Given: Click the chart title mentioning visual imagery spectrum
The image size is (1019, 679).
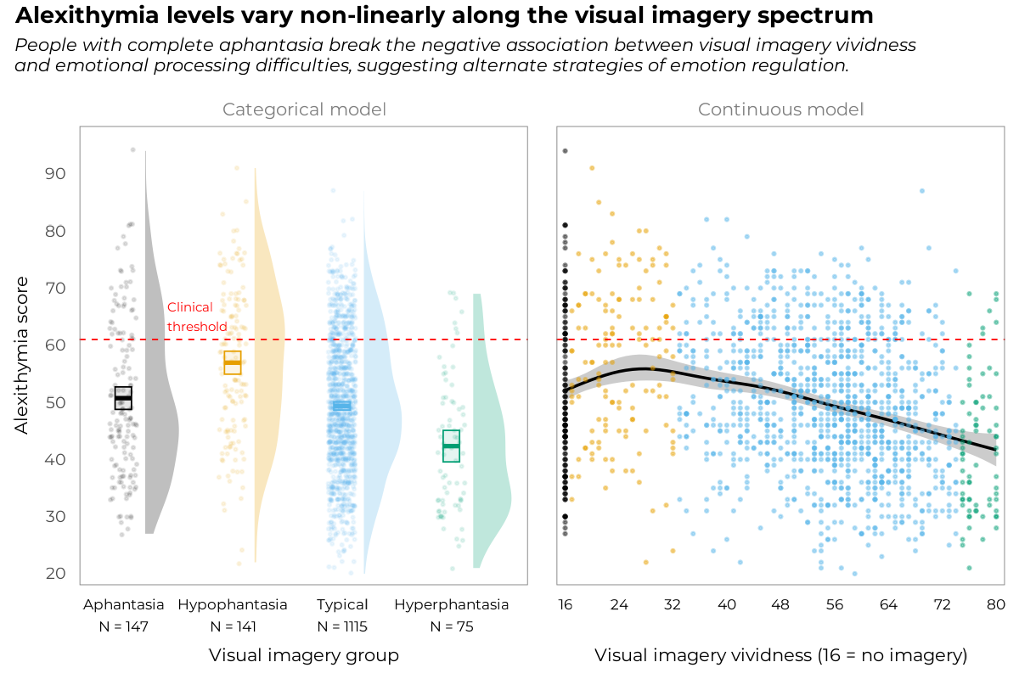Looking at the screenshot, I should (444, 15).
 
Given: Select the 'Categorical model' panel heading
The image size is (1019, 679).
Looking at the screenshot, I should (304, 109).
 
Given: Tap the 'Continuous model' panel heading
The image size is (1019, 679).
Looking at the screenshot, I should (780, 109).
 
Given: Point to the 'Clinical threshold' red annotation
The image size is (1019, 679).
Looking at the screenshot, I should (196, 317).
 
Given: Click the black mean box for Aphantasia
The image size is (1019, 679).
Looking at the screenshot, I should (123, 397).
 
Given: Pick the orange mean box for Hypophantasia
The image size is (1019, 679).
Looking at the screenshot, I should (233, 362).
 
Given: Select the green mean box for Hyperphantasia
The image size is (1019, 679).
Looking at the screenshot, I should (451, 446).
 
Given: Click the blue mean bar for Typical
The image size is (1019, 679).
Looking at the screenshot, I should (341, 406).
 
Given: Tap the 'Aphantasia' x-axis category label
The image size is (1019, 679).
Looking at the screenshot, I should (124, 605).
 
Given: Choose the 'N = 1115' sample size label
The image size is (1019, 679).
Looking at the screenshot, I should (341, 627).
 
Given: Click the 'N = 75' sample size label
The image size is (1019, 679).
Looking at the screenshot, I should (451, 627).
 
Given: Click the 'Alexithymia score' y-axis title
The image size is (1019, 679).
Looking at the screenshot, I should (22, 354).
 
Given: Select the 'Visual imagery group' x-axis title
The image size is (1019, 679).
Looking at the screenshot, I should (304, 655).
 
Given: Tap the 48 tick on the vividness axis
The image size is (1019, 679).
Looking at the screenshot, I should (780, 605).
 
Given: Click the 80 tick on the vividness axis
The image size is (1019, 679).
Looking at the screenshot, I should (996, 605).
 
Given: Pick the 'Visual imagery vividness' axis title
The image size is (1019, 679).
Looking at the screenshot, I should (780, 655).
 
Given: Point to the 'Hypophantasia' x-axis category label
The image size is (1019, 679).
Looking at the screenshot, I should (233, 605).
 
